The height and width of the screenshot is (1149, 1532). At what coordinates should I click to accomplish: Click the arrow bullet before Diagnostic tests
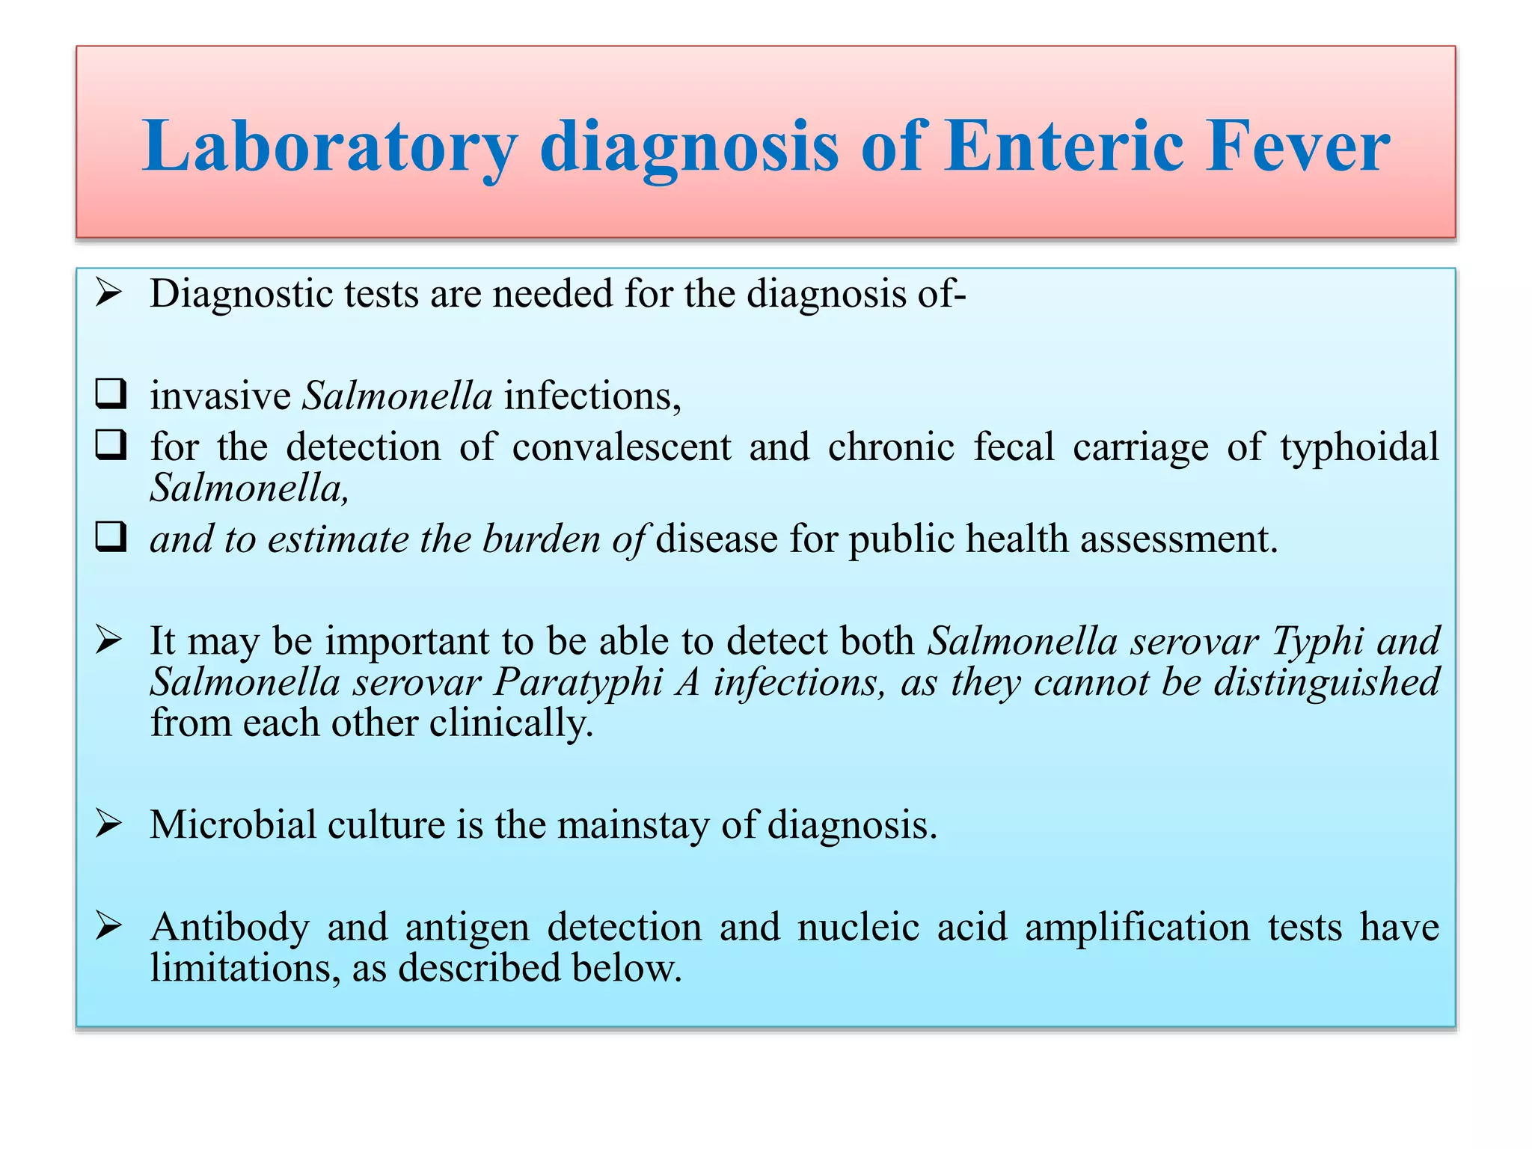[x=109, y=293]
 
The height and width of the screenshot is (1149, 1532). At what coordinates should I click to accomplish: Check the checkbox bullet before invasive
[x=111, y=393]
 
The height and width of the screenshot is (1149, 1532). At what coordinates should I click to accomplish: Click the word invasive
[x=220, y=396]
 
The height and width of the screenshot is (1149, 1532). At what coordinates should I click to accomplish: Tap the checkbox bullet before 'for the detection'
[x=111, y=445]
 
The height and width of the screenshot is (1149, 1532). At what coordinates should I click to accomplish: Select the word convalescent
[x=621, y=447]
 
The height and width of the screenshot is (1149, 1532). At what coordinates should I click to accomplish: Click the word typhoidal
[x=1358, y=447]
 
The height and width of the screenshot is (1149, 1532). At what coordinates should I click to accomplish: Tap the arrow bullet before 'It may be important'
[x=109, y=640]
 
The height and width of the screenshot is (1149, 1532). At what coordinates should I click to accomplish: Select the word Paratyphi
[x=578, y=682]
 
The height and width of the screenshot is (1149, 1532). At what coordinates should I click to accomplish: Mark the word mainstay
[x=633, y=824]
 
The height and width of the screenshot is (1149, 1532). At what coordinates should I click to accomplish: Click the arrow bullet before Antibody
[x=109, y=927]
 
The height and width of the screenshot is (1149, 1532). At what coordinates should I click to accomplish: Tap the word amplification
[x=1137, y=928]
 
